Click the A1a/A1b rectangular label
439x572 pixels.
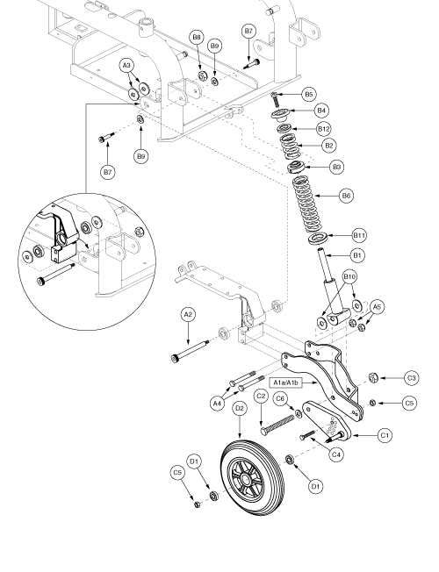pos(286,383)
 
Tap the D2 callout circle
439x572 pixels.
pos(240,409)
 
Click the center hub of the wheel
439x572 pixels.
pos(245,477)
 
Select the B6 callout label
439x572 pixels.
pos(346,196)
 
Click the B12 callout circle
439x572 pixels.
pos(324,129)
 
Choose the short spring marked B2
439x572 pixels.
pos(291,146)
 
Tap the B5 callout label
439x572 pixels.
pos(309,94)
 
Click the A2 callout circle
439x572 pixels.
pos(188,315)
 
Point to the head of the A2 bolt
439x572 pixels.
pos(174,358)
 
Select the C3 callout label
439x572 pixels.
pos(412,378)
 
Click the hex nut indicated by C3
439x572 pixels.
pos(372,377)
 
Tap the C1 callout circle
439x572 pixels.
pos(385,435)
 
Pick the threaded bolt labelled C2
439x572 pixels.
pos(278,424)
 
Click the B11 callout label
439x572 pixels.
pos(359,236)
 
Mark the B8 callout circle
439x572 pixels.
pos(197,37)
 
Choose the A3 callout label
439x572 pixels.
pos(126,66)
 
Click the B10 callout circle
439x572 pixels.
pos(349,277)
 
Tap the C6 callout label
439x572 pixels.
pos(280,398)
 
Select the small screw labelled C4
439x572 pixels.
pos(307,435)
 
